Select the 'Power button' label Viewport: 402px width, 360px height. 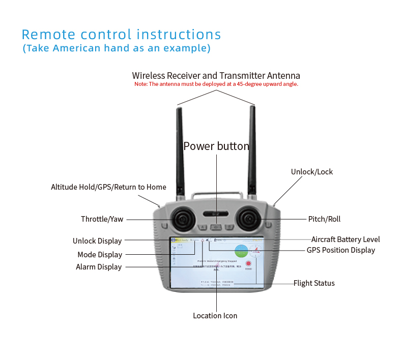pyautogui.click(x=216, y=146)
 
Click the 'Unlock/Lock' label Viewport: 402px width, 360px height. pyautogui.click(x=311, y=172)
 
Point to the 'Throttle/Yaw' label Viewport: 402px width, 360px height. pyautogui.click(x=102, y=219)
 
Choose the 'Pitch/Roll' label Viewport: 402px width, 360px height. pyautogui.click(x=324, y=219)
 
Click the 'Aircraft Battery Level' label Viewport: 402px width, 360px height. pyautogui.click(x=346, y=239)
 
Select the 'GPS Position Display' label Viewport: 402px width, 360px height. pyautogui.click(x=340, y=250)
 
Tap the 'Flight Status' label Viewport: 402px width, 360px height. pyautogui.click(x=314, y=283)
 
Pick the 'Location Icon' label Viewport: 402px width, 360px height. pyautogui.click(x=215, y=316)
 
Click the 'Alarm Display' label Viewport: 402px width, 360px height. pyautogui.click(x=99, y=267)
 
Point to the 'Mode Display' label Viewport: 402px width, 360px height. pyautogui.click(x=100, y=255)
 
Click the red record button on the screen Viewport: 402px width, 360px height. pyautogui.click(x=248, y=264)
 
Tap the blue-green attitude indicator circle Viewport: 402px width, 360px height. pyautogui.click(x=241, y=251)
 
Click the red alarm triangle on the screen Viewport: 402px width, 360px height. pyautogui.click(x=202, y=241)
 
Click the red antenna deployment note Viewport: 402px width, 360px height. pyautogui.click(x=216, y=84)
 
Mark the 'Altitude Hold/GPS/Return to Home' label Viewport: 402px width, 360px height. pyautogui.click(x=108, y=187)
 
